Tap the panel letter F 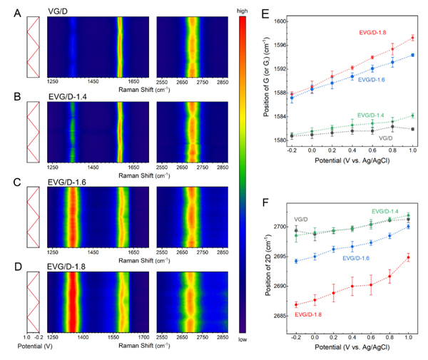point(265,203)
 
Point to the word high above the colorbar point(243,6)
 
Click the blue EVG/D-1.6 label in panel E point(372,80)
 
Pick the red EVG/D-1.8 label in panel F point(312,314)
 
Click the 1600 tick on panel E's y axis point(281,21)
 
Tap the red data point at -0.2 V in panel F point(295,304)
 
